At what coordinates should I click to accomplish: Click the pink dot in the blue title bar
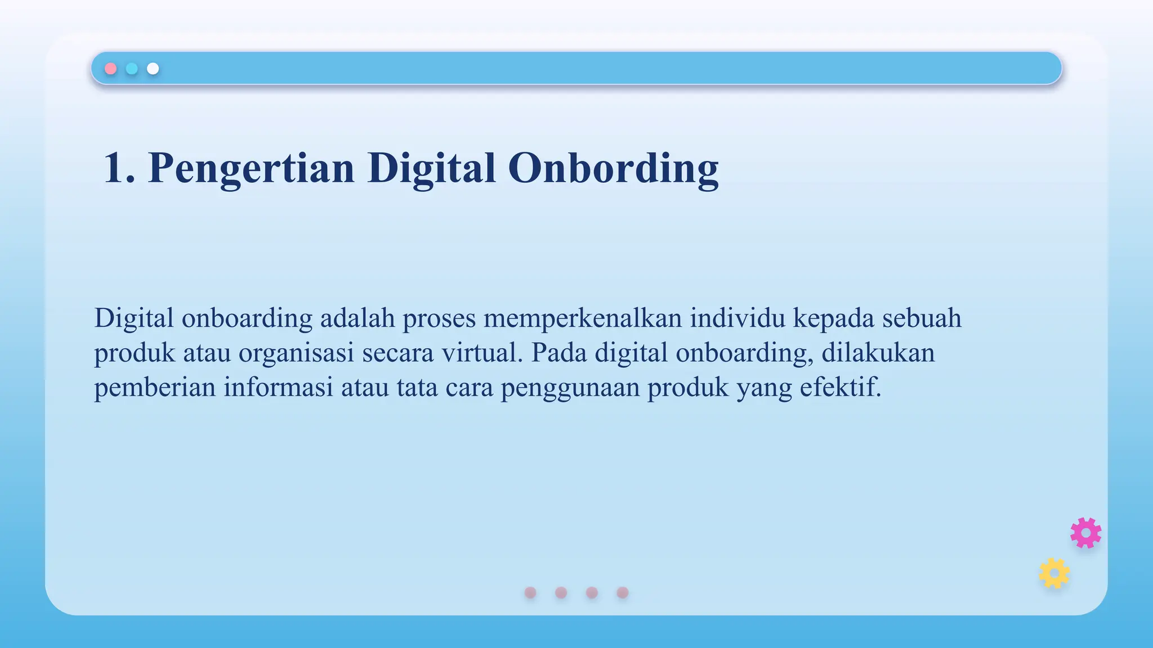(x=111, y=69)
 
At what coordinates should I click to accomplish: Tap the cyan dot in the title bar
(x=132, y=69)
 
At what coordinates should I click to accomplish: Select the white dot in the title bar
(x=153, y=69)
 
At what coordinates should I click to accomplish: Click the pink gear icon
(x=1086, y=533)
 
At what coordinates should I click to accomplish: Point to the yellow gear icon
(x=1054, y=573)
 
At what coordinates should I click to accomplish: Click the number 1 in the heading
(x=117, y=168)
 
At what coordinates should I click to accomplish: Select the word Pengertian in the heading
(x=251, y=168)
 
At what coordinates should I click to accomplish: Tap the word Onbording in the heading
(x=613, y=168)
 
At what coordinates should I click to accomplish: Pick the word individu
(x=738, y=318)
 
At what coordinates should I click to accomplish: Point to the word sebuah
(x=922, y=318)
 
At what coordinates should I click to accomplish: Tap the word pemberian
(x=155, y=388)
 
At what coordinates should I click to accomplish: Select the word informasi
(x=279, y=388)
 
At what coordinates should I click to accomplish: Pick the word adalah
(x=357, y=318)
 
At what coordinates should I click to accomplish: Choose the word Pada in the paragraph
(x=559, y=353)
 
